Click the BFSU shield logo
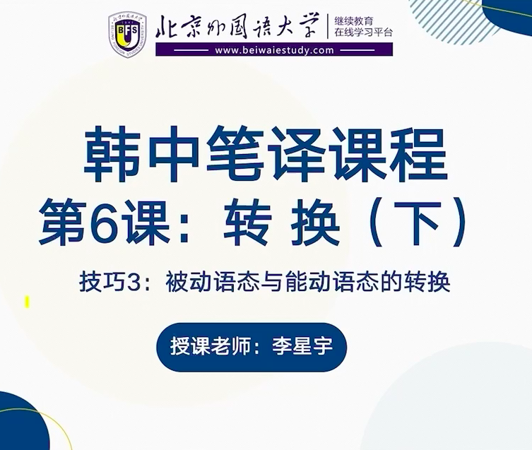(x=128, y=35)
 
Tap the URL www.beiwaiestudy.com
(x=274, y=51)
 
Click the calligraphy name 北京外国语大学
(x=237, y=26)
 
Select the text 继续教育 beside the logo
(x=353, y=21)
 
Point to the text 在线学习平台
(x=363, y=32)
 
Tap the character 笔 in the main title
(x=235, y=155)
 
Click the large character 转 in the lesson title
(x=248, y=222)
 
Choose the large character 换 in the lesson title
(x=316, y=222)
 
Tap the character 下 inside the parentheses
(x=420, y=222)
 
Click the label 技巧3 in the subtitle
(x=110, y=282)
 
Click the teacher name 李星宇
(x=302, y=346)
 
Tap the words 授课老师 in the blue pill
(x=210, y=346)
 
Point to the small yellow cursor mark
(x=27, y=302)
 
